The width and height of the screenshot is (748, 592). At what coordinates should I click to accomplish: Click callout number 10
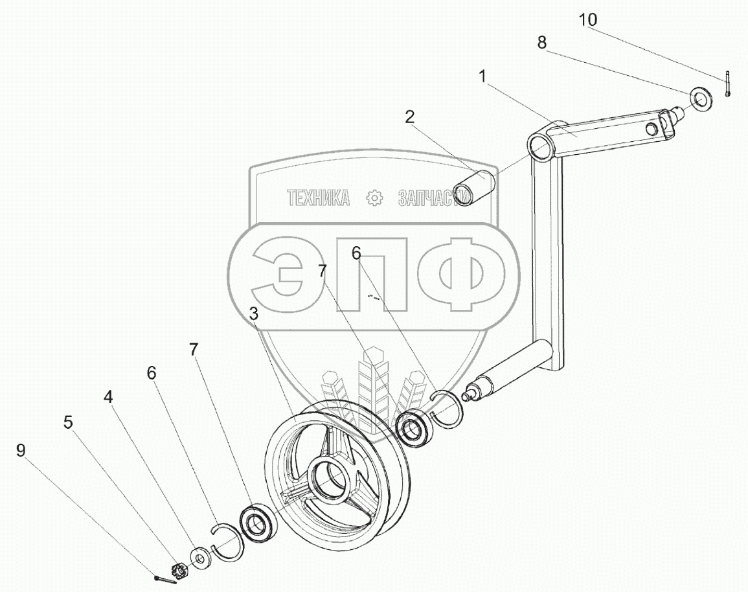tap(588, 20)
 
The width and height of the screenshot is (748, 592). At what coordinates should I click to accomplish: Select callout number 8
tap(541, 43)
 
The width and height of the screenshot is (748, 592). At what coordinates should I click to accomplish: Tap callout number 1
tap(482, 76)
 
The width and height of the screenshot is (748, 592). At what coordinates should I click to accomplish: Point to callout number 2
tap(410, 117)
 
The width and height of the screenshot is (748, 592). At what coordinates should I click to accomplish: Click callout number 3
tap(254, 313)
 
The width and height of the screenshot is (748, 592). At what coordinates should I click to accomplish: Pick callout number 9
tap(21, 450)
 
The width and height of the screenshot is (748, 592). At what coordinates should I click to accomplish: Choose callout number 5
tap(68, 422)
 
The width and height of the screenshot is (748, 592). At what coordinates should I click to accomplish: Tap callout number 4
tap(109, 396)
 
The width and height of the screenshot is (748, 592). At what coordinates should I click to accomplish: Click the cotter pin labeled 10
tap(727, 84)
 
